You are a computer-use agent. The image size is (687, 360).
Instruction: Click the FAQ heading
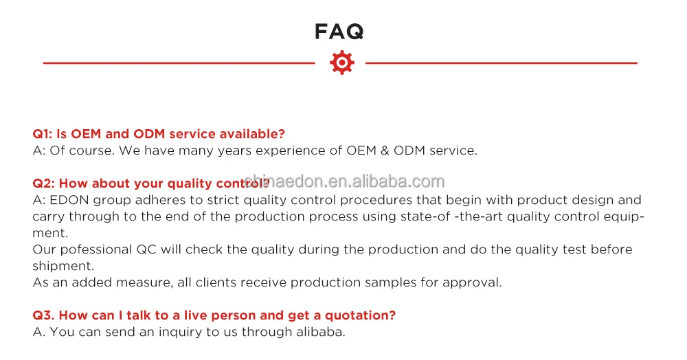(339, 32)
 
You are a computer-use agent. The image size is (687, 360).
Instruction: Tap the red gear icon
(341, 63)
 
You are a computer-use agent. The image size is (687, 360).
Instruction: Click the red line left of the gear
(179, 63)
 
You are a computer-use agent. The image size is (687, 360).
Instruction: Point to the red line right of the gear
(502, 63)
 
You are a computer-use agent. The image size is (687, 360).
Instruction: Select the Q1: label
(43, 134)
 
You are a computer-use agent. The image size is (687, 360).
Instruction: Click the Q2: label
(43, 183)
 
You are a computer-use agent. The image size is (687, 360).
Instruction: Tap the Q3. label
(43, 315)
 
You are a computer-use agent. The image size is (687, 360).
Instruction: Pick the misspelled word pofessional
(96, 249)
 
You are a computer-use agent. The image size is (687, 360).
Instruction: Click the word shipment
(63, 267)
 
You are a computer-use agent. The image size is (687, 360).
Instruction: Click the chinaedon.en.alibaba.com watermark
(344, 181)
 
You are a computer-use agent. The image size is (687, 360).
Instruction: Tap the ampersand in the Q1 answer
(385, 150)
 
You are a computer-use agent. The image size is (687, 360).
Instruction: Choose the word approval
(472, 282)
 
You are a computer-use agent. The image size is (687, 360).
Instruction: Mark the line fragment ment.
(50, 233)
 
